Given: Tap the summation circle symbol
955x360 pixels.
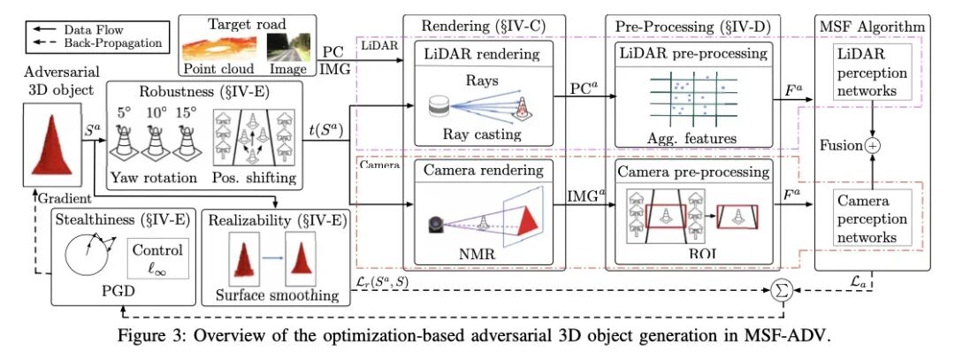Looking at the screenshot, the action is click(780, 290).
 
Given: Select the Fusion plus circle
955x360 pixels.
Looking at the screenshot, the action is click(874, 146).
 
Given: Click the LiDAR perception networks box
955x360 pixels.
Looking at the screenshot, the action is click(872, 73).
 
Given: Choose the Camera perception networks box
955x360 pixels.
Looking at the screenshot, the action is click(872, 218).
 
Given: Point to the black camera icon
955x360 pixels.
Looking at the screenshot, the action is click(437, 226).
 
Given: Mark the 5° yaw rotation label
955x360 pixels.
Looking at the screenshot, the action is click(124, 113).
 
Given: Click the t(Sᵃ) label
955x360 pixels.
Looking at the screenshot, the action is click(328, 131).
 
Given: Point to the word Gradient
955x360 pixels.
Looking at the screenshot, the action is click(65, 198).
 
